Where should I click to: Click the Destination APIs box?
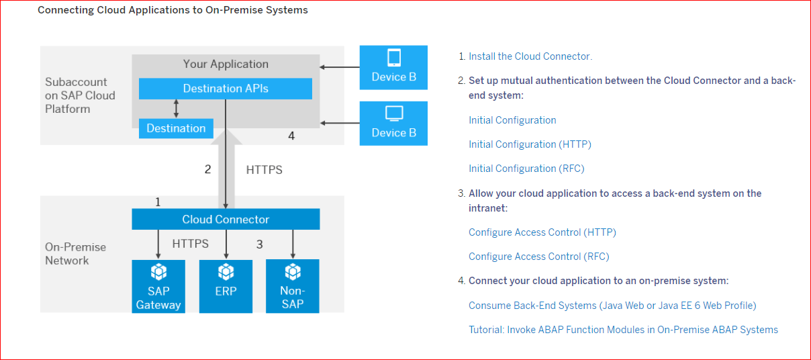[x=225, y=89]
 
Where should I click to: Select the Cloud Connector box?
[x=226, y=219]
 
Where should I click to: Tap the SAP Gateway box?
[x=158, y=286]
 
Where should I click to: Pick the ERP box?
[x=226, y=286]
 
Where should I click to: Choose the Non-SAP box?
[x=293, y=285]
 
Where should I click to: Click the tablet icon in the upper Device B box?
[x=394, y=58]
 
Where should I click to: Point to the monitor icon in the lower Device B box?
[x=394, y=114]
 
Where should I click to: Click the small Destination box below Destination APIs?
[x=176, y=128]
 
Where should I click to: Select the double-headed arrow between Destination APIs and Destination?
[x=176, y=109]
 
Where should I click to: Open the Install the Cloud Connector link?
[x=530, y=56]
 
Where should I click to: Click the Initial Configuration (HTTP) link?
[x=530, y=144]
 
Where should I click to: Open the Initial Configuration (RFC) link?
[x=527, y=169]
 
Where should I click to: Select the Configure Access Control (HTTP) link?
[x=542, y=232]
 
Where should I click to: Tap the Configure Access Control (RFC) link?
[x=539, y=257]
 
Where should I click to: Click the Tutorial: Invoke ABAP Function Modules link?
[x=624, y=330]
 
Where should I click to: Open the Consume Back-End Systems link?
[x=612, y=306]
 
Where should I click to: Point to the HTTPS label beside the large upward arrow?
[x=264, y=170]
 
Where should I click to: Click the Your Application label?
[x=226, y=64]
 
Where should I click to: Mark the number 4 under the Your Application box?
[x=291, y=136]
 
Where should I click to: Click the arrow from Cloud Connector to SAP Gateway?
[x=158, y=244]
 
